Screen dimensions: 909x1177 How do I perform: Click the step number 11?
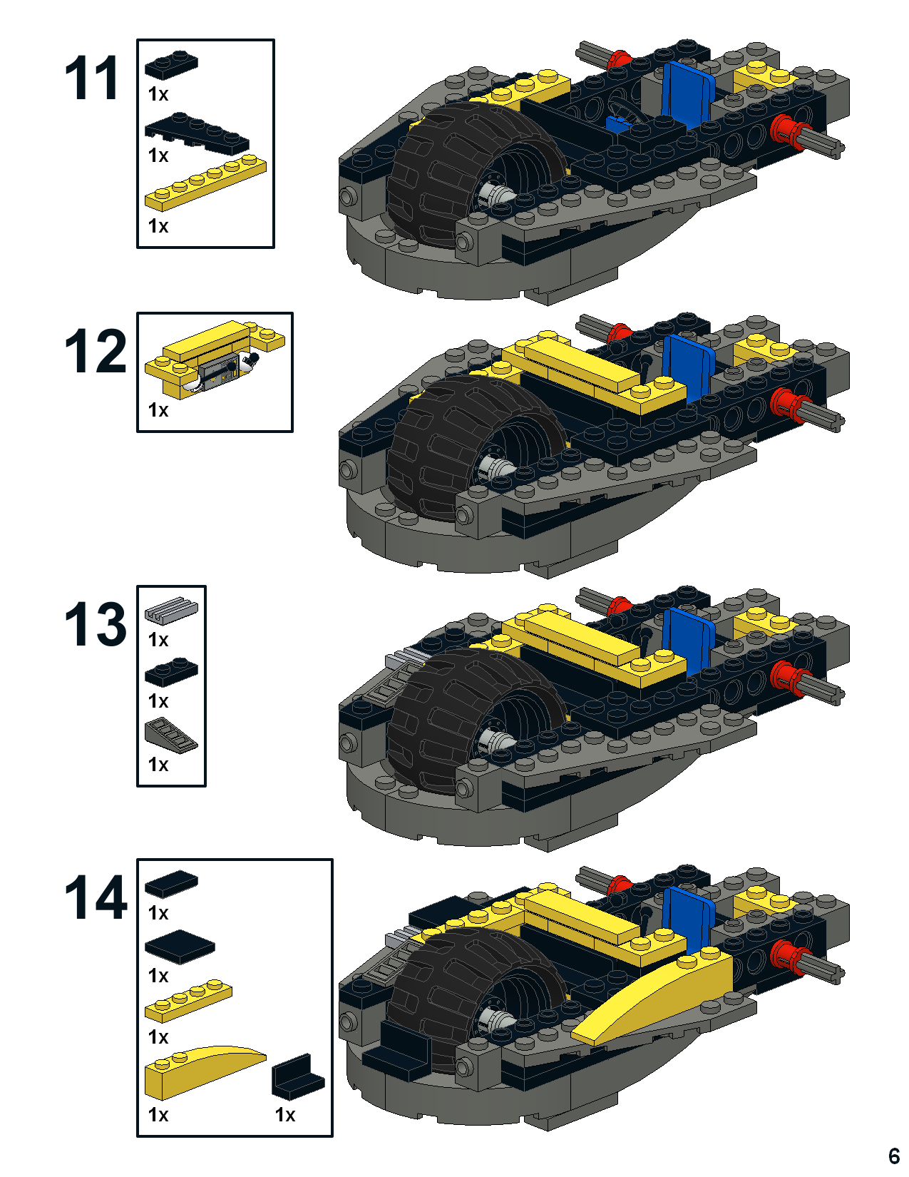pyautogui.click(x=91, y=78)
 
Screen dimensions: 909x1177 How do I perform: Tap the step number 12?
pyautogui.click(x=96, y=351)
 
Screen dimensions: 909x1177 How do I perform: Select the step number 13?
pyautogui.click(x=96, y=624)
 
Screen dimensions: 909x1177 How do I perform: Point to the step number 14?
pyautogui.click(x=96, y=897)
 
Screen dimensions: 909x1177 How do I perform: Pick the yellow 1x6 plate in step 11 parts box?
pyautogui.click(x=205, y=183)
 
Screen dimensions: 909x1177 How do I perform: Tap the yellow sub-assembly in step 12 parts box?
pyautogui.click(x=215, y=359)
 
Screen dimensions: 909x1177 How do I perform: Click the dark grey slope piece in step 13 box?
pyautogui.click(x=171, y=735)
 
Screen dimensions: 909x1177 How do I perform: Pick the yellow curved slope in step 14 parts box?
pyautogui.click(x=205, y=1072)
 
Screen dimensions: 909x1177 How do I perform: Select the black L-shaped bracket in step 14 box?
pyautogui.click(x=298, y=1074)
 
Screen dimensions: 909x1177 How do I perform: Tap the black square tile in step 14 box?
pyautogui.click(x=180, y=947)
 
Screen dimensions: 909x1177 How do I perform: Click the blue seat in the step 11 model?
pyautogui.click(x=687, y=95)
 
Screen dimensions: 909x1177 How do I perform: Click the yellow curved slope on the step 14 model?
pyautogui.click(x=652, y=1000)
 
